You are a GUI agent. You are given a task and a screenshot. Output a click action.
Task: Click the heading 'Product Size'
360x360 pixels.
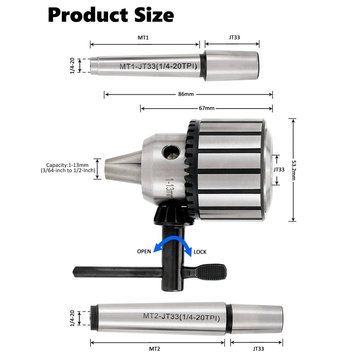[111, 15]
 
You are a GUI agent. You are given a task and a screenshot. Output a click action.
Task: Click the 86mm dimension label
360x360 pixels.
[186, 94]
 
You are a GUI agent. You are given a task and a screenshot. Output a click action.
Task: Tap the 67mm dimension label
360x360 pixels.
[206, 108]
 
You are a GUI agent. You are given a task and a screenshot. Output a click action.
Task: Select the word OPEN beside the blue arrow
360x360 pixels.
[144, 251]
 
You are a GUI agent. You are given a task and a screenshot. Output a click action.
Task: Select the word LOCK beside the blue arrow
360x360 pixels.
[200, 252]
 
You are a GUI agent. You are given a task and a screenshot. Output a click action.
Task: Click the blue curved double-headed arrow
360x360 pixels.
[172, 243]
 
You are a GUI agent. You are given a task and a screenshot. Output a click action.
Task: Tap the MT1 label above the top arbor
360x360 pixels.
[143, 37]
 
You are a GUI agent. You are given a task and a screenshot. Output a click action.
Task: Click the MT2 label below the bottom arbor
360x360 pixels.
[154, 349]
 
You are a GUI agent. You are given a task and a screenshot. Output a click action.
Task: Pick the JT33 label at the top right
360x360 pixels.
[234, 37]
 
